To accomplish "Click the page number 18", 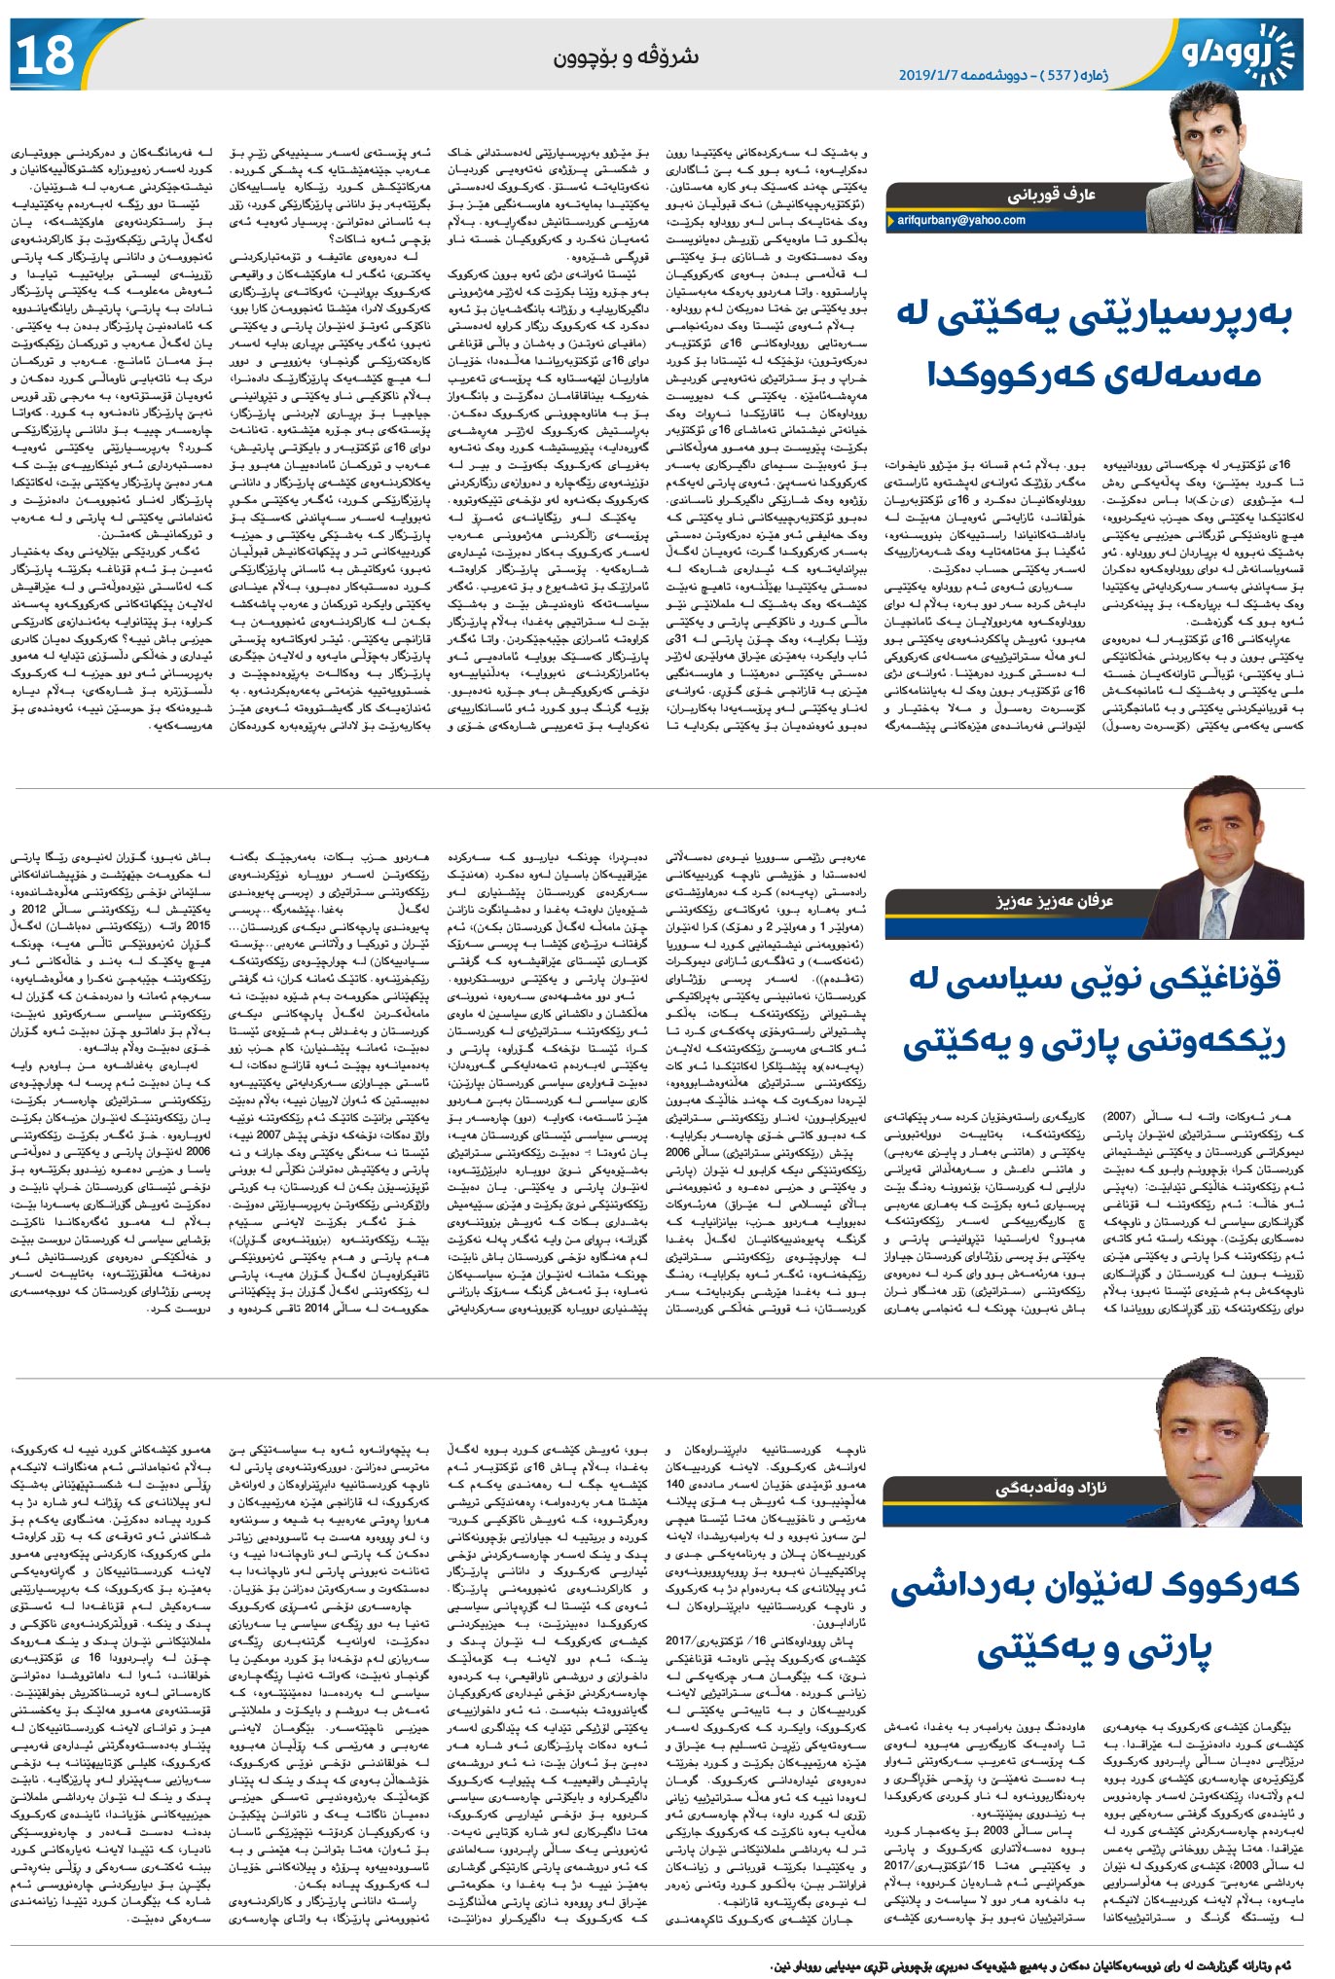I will coord(46,54).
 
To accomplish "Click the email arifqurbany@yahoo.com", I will coord(960,221).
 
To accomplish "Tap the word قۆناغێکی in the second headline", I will coord(1198,979).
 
